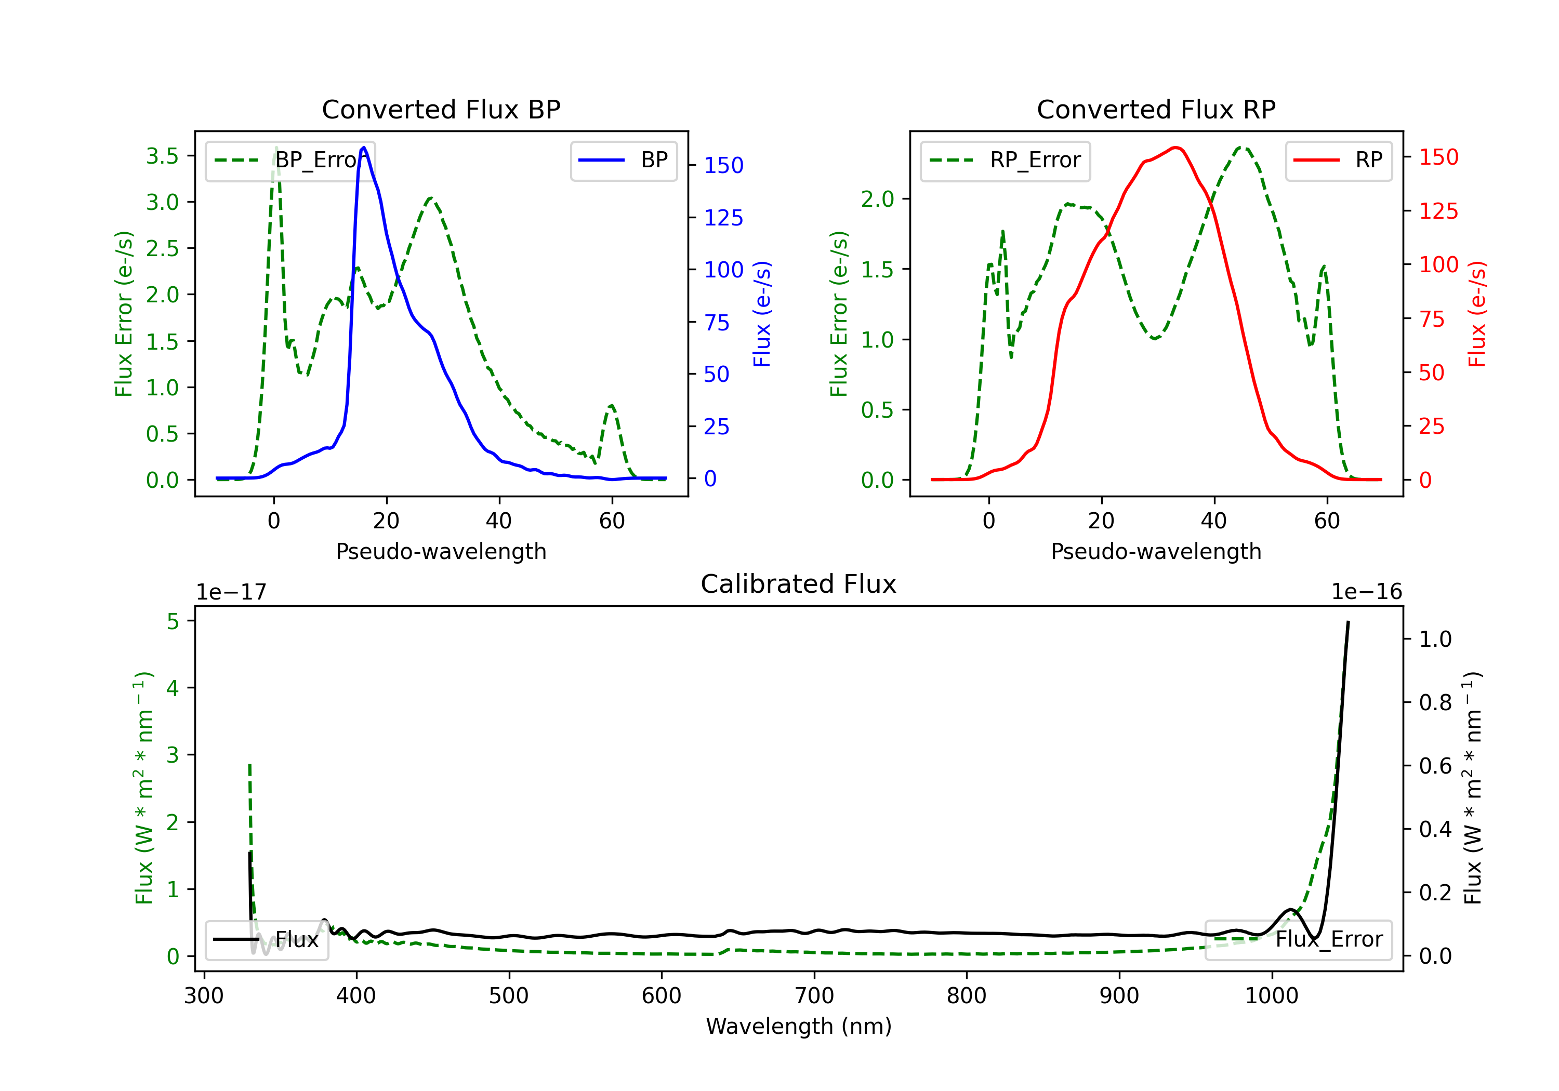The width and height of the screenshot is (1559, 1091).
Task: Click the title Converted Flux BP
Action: [441, 109]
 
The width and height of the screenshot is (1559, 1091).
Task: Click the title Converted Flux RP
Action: [1156, 109]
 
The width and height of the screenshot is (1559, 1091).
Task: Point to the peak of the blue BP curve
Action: [364, 148]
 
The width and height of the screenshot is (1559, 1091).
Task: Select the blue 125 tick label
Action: [723, 218]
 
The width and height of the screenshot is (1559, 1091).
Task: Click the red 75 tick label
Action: [1432, 319]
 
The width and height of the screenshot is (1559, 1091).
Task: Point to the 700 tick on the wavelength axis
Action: [814, 996]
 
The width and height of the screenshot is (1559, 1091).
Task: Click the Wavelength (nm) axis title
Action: [799, 1026]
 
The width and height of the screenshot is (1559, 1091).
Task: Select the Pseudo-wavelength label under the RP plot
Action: [1156, 551]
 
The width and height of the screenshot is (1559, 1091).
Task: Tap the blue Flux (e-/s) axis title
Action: [762, 314]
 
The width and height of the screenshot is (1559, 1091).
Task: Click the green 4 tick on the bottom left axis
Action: [173, 688]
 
